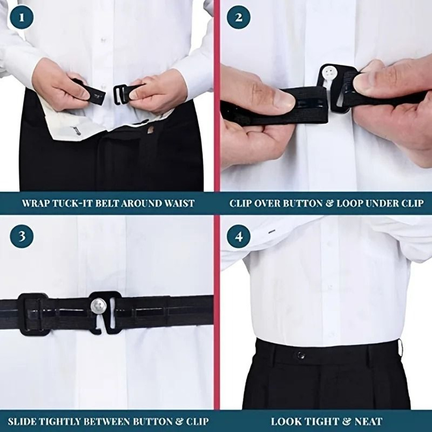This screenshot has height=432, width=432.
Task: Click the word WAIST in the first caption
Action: [x=177, y=203]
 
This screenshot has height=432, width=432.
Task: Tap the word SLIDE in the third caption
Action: [x=21, y=421]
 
